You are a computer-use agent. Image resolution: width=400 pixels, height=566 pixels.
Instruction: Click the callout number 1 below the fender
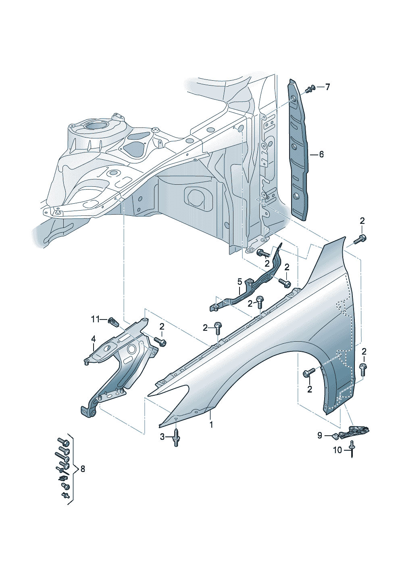(210, 424)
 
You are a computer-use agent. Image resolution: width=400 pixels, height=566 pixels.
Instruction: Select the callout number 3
(162, 437)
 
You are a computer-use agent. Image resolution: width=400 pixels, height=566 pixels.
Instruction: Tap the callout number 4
(93, 339)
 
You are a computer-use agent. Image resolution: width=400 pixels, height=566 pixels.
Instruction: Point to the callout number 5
(239, 282)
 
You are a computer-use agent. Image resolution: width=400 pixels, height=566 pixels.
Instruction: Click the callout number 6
(321, 154)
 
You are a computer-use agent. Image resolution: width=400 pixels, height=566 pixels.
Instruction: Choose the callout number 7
(327, 87)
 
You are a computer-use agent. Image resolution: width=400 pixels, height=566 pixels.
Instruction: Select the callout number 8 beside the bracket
(83, 469)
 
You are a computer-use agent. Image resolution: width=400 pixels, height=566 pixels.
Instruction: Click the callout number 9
(320, 435)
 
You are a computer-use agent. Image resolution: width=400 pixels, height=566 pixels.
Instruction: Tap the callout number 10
(337, 450)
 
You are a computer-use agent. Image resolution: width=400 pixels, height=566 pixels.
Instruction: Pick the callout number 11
(95, 320)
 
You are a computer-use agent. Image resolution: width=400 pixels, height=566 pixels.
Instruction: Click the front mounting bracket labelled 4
(117, 363)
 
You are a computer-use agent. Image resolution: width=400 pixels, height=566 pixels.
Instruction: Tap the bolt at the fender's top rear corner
(360, 239)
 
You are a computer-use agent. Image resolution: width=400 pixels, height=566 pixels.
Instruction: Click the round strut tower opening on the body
(96, 125)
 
